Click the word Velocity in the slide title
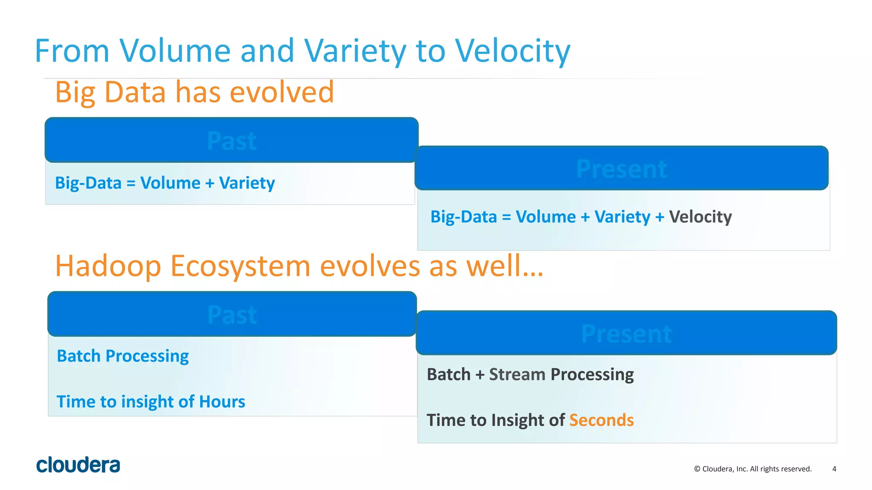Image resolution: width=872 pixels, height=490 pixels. (x=513, y=51)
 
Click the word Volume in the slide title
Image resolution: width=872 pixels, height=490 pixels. (x=175, y=51)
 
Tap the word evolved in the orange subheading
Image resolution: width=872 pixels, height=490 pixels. (x=282, y=92)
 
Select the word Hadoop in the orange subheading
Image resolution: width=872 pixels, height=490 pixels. (x=108, y=266)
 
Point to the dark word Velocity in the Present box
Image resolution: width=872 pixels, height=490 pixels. (x=700, y=217)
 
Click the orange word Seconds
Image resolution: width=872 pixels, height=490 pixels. (x=601, y=420)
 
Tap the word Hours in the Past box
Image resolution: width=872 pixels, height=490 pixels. (x=222, y=402)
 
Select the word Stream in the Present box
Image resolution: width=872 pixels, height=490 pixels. (x=517, y=374)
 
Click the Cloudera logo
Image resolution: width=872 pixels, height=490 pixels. (x=78, y=465)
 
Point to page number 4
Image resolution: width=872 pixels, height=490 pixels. (x=834, y=469)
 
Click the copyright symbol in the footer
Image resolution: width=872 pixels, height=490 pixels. (x=697, y=469)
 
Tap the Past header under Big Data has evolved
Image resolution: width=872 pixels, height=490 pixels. (x=232, y=141)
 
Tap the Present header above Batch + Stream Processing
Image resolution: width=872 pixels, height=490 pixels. (x=626, y=333)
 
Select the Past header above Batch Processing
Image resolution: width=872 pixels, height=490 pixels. (x=232, y=315)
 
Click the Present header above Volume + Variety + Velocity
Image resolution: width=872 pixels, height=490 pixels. (x=621, y=169)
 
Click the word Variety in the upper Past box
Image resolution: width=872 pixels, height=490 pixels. (x=247, y=183)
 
